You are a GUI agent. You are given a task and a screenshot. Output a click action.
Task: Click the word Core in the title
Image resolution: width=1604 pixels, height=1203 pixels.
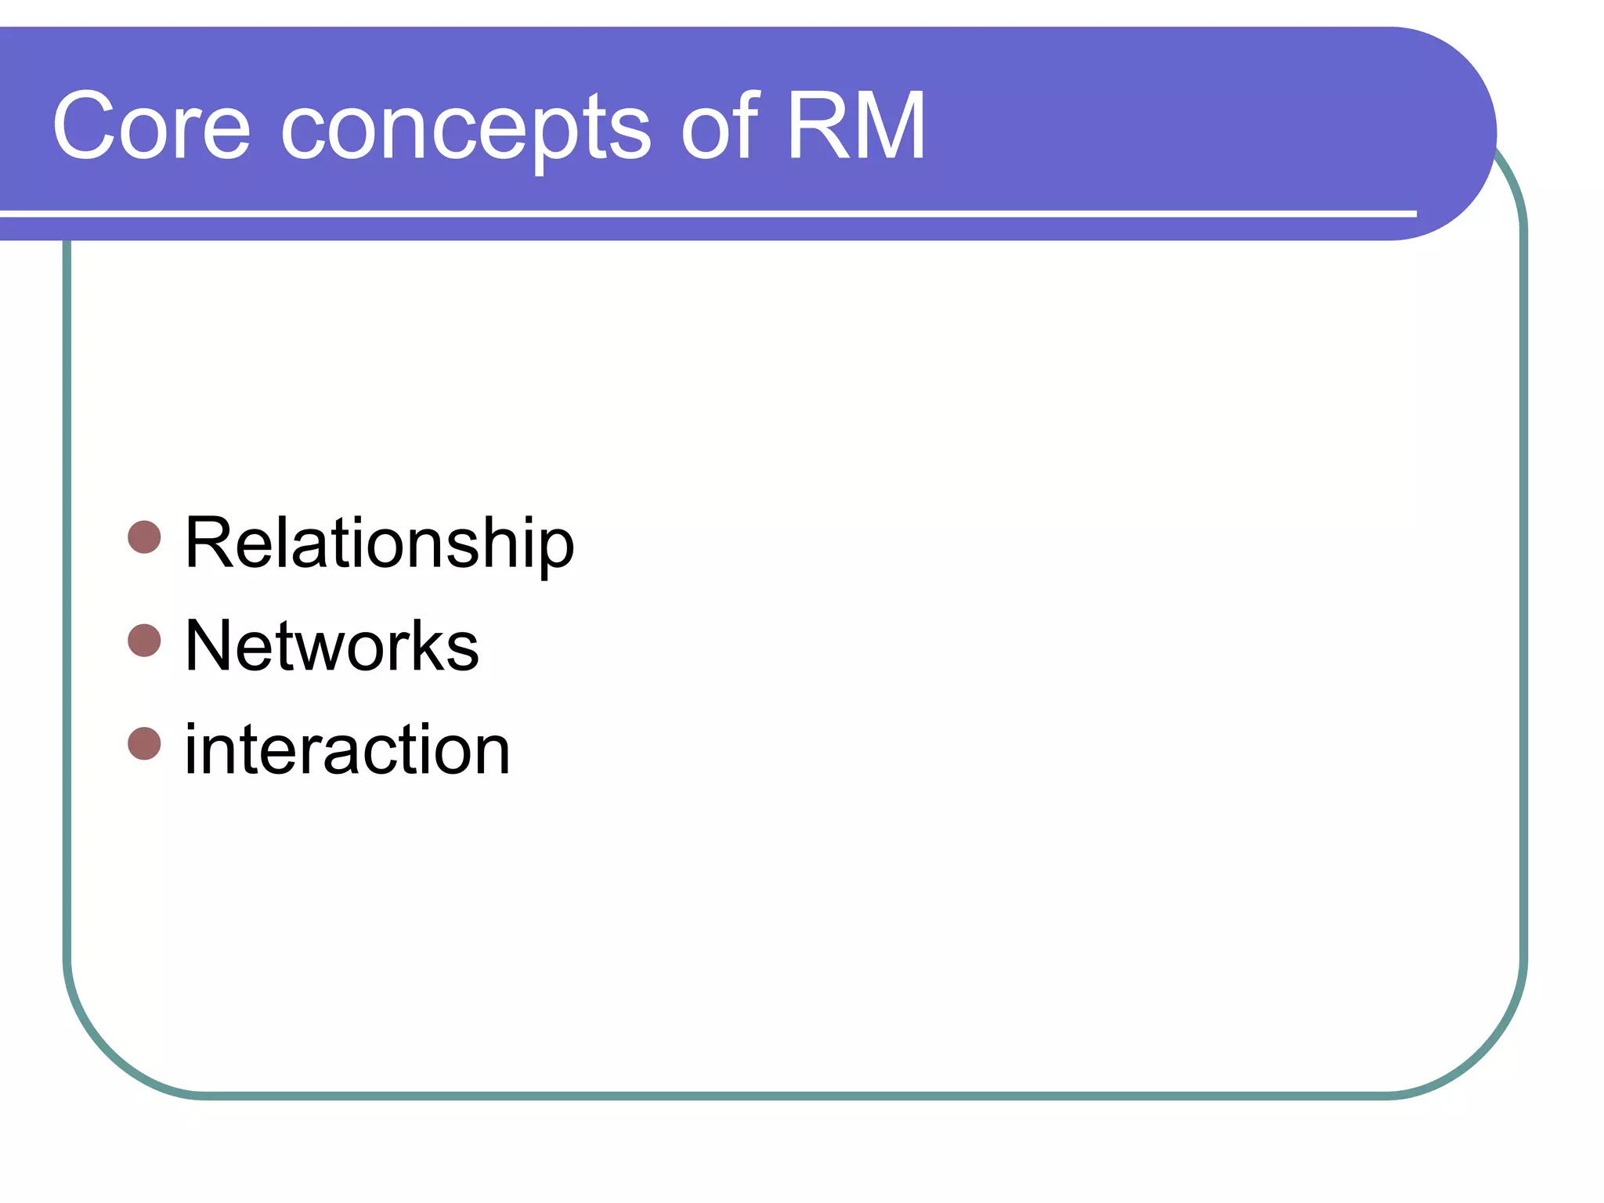point(151,125)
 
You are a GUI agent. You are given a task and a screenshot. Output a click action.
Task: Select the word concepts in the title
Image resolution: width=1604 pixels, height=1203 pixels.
point(465,129)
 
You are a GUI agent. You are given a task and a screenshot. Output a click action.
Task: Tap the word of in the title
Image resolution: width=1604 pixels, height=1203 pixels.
point(720,125)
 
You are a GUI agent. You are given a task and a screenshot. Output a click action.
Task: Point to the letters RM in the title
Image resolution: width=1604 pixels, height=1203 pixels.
point(856,125)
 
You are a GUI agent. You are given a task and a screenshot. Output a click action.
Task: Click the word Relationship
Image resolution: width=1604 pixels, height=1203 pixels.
point(380,543)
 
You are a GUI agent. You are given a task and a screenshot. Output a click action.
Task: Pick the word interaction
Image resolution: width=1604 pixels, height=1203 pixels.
point(348,750)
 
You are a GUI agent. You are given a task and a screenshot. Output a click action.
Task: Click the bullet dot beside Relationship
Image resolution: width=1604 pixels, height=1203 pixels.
point(144,537)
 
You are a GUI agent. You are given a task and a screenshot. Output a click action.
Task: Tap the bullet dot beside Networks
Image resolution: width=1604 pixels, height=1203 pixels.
point(144,640)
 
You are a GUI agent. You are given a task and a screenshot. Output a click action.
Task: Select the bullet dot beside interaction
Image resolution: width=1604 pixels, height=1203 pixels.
point(144,743)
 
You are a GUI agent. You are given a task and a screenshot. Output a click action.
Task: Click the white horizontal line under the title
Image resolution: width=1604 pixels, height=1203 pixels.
point(705,213)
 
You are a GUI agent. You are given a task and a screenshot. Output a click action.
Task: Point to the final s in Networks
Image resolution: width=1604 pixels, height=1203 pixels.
point(463,652)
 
